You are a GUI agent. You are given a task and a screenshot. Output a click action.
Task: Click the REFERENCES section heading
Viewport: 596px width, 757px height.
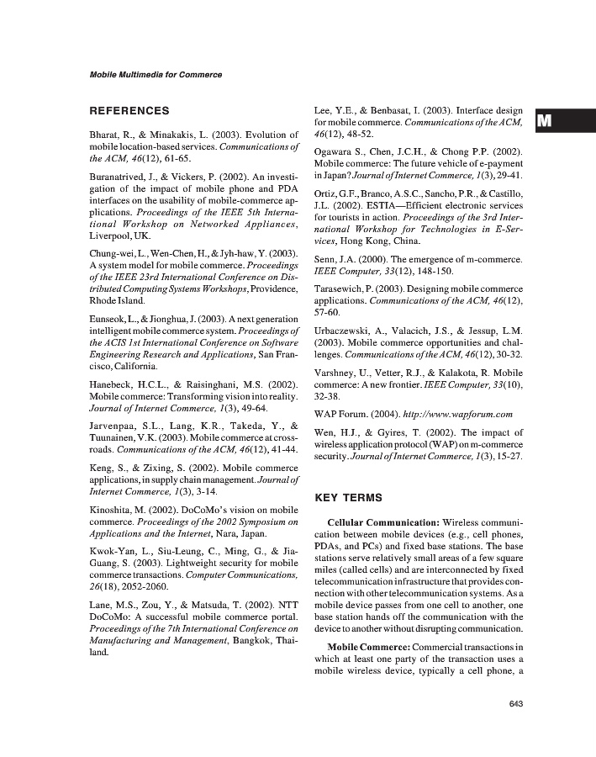(x=129, y=110)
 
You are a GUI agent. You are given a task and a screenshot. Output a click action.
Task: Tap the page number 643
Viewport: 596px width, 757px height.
(x=517, y=704)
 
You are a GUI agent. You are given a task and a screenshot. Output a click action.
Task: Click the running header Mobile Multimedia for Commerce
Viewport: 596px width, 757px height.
(x=156, y=75)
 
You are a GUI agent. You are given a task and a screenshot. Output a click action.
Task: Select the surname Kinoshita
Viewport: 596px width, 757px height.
(x=113, y=510)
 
